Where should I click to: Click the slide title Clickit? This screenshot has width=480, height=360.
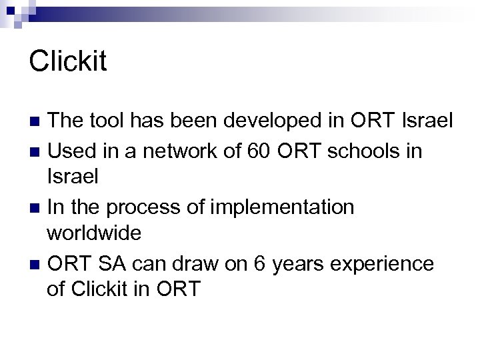pos(67,61)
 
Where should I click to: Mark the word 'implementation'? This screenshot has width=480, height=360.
pos(282,207)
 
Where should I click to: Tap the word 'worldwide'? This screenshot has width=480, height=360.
pos(94,234)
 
